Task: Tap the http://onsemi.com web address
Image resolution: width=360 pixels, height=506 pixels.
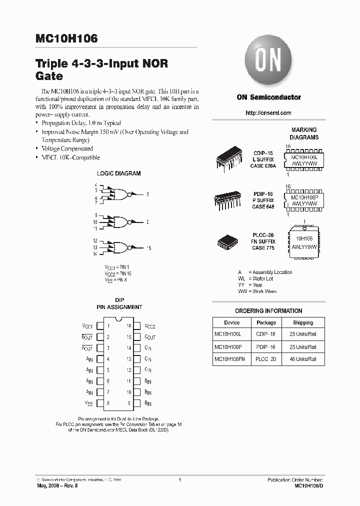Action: click(268, 113)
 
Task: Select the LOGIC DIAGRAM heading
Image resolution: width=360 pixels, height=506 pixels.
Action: click(118, 173)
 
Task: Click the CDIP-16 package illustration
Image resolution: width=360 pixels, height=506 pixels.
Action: click(228, 158)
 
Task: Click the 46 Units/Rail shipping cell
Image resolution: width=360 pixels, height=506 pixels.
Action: click(303, 359)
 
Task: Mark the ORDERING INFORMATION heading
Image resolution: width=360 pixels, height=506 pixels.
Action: click(268, 310)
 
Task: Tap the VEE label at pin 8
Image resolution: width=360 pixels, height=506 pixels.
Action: click(89, 402)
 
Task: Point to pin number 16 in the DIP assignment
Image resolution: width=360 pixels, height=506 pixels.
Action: click(128, 325)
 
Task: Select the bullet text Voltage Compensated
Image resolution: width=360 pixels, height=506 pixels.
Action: click(67, 148)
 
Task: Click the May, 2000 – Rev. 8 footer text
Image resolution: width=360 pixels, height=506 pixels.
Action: click(57, 485)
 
